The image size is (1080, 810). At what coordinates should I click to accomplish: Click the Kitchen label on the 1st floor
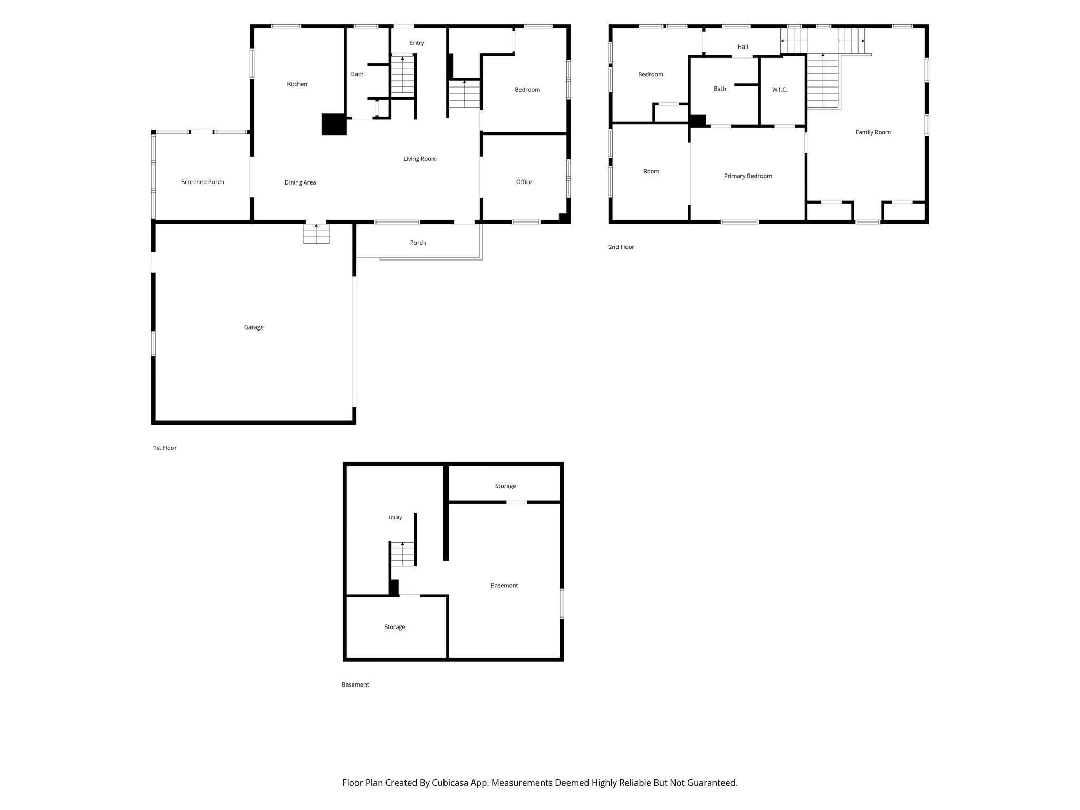[297, 84]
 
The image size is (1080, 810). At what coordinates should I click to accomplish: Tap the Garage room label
[254, 327]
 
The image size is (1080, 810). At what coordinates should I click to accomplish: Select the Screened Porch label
[202, 182]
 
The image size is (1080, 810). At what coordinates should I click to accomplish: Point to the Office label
[524, 182]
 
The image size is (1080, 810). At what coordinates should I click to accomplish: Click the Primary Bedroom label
[748, 176]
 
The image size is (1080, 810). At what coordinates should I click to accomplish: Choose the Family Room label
[873, 132]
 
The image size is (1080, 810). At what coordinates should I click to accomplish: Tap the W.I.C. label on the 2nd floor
[779, 90]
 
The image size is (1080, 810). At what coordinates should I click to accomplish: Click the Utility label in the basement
[395, 518]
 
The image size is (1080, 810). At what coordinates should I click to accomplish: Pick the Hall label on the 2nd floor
[742, 47]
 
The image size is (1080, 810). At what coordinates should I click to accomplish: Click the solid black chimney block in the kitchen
[334, 124]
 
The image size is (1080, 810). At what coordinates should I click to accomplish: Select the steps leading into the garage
[316, 234]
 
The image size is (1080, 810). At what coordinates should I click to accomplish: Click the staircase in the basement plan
[403, 554]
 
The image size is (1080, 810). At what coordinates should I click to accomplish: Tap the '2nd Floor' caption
[621, 247]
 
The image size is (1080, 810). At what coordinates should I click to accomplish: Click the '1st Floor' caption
[165, 448]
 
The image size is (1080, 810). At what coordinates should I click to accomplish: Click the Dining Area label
[300, 182]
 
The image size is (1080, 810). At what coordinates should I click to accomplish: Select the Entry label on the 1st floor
[417, 43]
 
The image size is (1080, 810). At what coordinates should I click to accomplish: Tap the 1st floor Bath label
[357, 74]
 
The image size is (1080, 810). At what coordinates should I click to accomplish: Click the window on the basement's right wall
[562, 604]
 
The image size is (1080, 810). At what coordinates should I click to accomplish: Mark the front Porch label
[418, 243]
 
